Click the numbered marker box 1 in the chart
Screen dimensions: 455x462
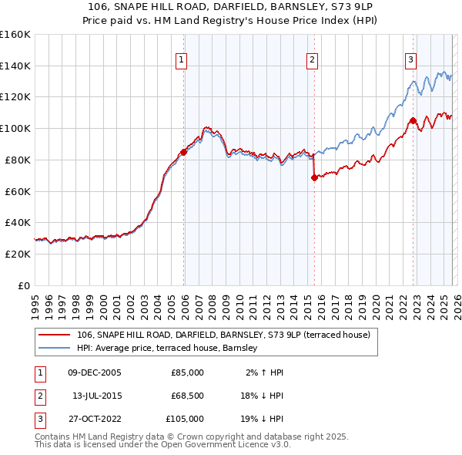181,59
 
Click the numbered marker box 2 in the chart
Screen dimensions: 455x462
312,59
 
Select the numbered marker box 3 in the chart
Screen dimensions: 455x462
410,59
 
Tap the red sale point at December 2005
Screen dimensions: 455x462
183,152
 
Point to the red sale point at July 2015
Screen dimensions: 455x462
314,177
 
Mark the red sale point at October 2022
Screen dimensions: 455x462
413,120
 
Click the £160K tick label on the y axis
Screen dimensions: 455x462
15,35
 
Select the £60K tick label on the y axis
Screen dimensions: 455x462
18,191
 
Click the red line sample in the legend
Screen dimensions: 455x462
55,335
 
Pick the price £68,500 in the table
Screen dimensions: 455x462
186,396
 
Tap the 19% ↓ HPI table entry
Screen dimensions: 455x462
265,419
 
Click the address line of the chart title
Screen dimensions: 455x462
230,6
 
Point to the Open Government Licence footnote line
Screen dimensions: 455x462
170,446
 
